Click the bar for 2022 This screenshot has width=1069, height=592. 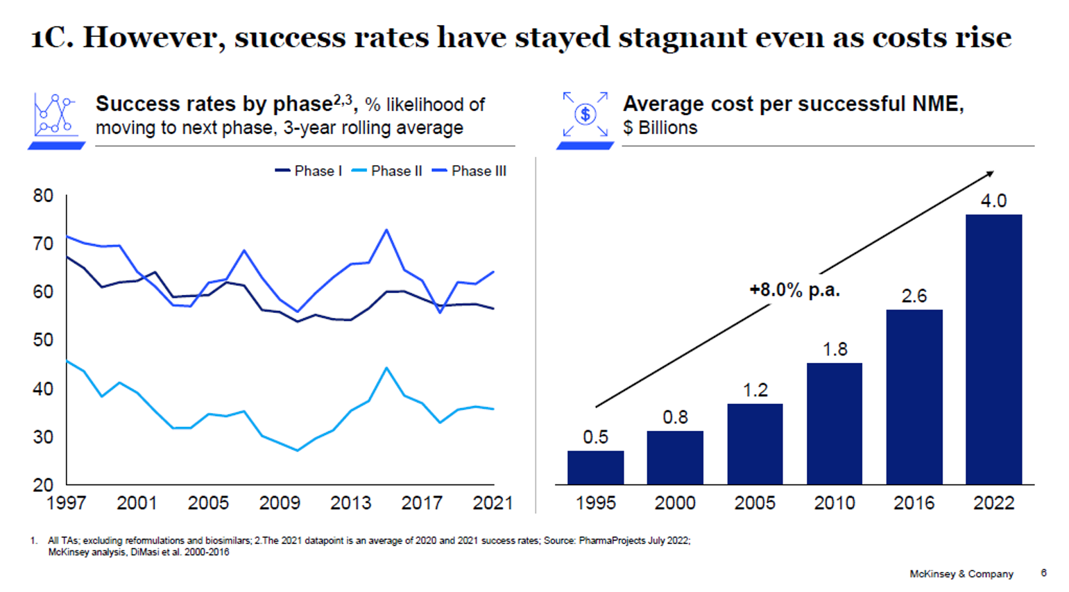993,349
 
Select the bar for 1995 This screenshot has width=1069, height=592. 595,467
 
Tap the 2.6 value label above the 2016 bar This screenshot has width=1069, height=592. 914,296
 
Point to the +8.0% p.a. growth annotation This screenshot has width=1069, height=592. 794,290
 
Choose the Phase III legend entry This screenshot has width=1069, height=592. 470,171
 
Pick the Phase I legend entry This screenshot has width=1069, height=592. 309,171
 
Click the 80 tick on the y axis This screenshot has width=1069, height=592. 43,196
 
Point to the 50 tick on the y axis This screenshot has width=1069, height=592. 43,340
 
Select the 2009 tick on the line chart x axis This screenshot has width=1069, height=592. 280,503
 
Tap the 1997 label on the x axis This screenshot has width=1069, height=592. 67,503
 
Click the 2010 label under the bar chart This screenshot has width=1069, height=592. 834,503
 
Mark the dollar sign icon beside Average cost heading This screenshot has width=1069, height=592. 585,115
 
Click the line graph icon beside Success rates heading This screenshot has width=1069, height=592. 54,115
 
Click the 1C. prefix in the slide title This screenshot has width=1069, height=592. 52,37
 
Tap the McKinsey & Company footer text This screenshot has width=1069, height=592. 961,574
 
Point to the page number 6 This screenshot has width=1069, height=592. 1043,573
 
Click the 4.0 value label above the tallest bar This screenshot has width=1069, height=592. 993,201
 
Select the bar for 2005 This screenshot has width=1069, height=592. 755,443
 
